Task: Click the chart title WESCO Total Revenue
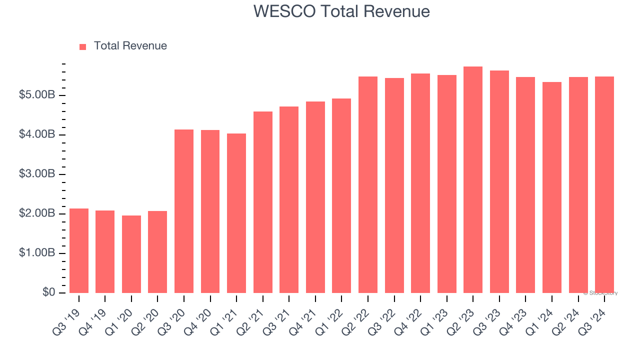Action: (x=341, y=11)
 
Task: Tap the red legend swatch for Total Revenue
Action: (x=83, y=46)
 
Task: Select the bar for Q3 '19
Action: (x=79, y=250)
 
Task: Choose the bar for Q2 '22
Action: (x=368, y=184)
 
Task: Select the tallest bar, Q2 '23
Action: (x=473, y=179)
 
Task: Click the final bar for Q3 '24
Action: (x=604, y=184)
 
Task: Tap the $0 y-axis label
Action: (x=48, y=292)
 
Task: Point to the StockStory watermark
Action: (x=600, y=293)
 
